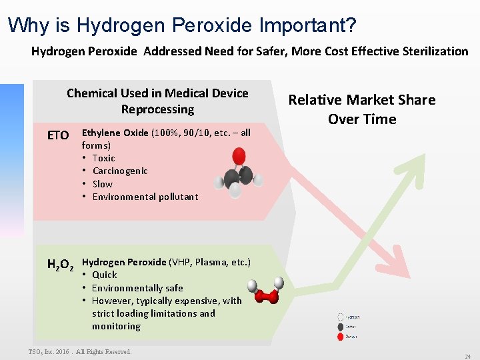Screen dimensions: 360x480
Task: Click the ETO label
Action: coord(58,135)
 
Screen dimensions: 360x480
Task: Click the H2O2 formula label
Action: coord(60,265)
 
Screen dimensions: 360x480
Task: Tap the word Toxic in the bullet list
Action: coord(103,158)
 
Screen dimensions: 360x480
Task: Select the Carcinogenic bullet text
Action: coord(120,171)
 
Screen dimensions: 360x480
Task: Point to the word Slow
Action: coord(103,184)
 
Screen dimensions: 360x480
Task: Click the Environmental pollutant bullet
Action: coord(145,197)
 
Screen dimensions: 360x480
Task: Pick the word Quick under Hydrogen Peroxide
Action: coord(104,275)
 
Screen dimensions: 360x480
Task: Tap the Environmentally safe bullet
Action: coord(137,288)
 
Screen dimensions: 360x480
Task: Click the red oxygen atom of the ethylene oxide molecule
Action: coord(239,157)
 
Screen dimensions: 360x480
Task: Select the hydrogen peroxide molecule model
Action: coord(264,291)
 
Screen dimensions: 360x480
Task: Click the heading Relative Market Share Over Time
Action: coord(361,109)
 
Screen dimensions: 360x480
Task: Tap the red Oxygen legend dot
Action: coord(341,336)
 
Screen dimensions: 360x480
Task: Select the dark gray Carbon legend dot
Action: coord(341,327)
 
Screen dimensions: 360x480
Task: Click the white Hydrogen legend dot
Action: coord(341,318)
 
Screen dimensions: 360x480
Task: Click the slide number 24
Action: coord(467,357)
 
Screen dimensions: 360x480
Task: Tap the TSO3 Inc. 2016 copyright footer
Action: coord(80,351)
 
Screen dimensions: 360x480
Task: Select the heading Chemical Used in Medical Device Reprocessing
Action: coord(157,101)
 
